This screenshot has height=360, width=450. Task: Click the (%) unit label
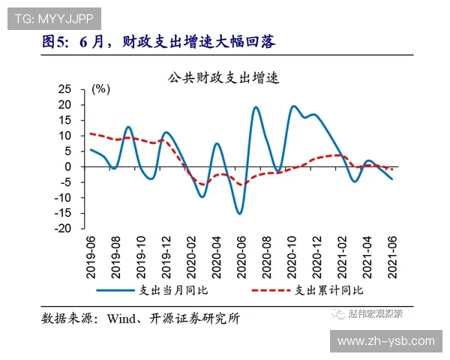[100, 88]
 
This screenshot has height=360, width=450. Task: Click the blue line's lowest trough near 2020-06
[240, 214]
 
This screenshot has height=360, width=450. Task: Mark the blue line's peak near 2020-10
[292, 106]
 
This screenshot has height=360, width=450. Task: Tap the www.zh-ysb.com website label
[386, 340]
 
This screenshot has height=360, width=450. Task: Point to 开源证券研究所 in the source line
[197, 318]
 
